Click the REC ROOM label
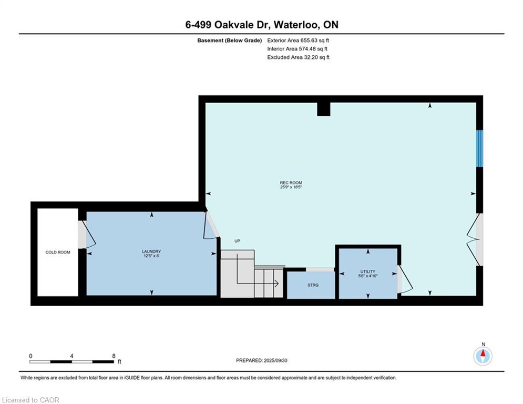291,183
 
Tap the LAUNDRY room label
151,251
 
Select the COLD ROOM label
58,252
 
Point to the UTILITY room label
367,271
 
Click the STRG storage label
313,285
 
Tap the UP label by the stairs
237,241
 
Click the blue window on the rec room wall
479,148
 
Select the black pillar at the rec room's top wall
324,109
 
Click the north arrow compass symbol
483,356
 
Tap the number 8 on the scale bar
114,356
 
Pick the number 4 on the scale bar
71,356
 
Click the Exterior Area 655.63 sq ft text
298,41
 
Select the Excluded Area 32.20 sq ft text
298,57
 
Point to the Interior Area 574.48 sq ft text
297,49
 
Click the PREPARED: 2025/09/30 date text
262,360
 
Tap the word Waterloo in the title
296,25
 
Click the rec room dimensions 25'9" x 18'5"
291,187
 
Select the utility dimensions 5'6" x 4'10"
367,276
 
